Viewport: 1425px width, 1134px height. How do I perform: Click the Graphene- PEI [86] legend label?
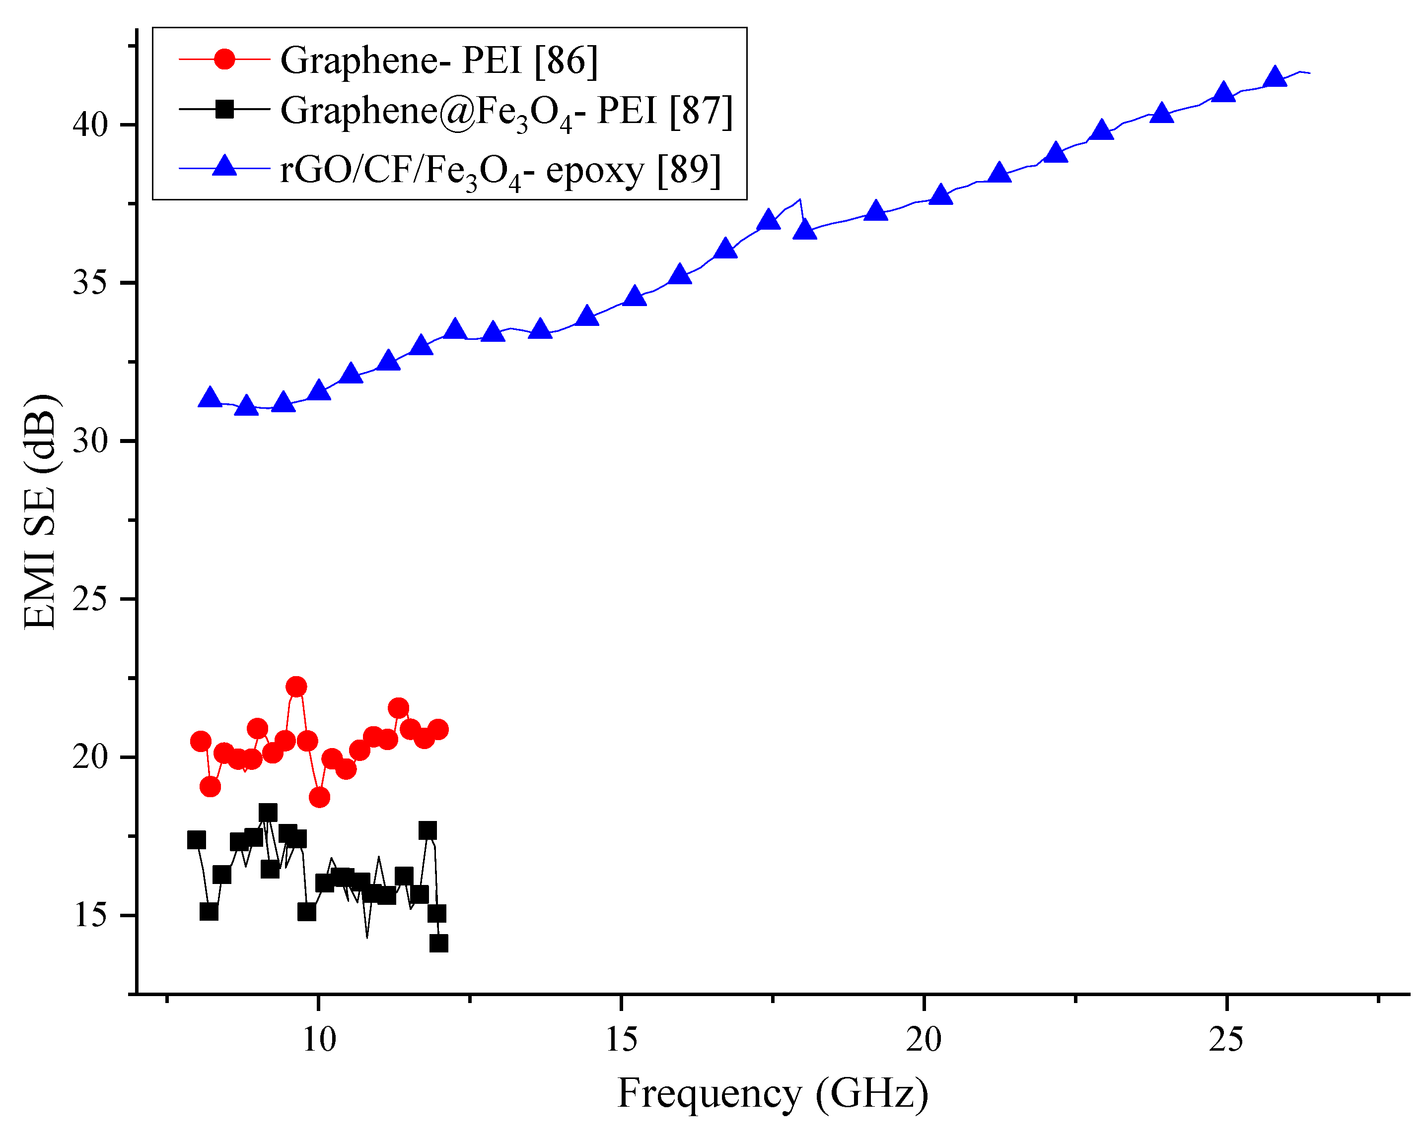click(x=439, y=60)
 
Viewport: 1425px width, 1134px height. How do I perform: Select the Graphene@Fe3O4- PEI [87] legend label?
click(x=506, y=111)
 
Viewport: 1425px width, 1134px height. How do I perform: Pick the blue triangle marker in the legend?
click(x=225, y=167)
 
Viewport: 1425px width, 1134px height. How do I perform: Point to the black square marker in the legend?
click(x=225, y=109)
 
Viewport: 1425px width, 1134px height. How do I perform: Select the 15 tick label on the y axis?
click(x=90, y=915)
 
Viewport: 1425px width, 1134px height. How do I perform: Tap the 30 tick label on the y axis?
click(x=90, y=441)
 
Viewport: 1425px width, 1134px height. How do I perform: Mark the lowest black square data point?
click(x=439, y=943)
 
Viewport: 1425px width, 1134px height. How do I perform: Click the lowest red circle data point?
click(x=319, y=797)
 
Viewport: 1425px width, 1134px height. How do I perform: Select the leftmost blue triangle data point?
click(x=210, y=397)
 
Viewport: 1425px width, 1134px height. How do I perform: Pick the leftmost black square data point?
click(x=196, y=839)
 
